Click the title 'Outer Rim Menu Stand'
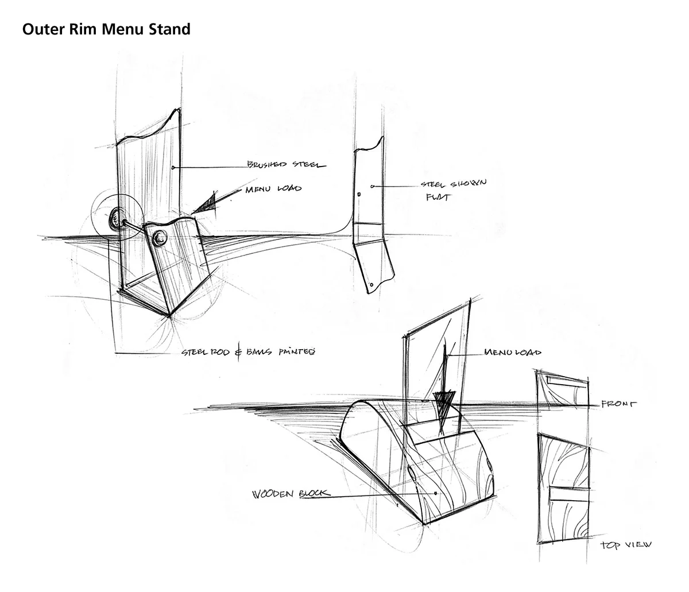click(106, 29)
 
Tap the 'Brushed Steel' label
click(286, 165)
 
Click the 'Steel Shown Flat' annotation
click(453, 189)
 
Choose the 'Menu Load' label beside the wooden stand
click(513, 352)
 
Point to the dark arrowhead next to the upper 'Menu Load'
click(206, 203)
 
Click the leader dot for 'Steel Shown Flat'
click(373, 187)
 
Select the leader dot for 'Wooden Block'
click(437, 493)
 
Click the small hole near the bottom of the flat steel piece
click(371, 284)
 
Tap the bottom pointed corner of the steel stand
click(171, 315)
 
